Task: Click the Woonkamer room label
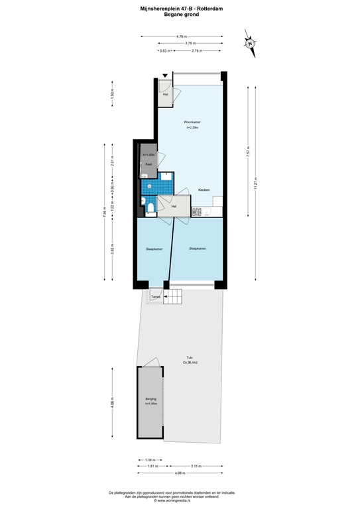tap(192, 121)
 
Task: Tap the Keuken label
tap(204, 190)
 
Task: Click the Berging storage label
tap(150, 400)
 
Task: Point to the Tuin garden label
tap(190, 359)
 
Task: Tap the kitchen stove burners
tap(196, 211)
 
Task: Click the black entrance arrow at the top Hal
tap(166, 77)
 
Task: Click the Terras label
tap(155, 296)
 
